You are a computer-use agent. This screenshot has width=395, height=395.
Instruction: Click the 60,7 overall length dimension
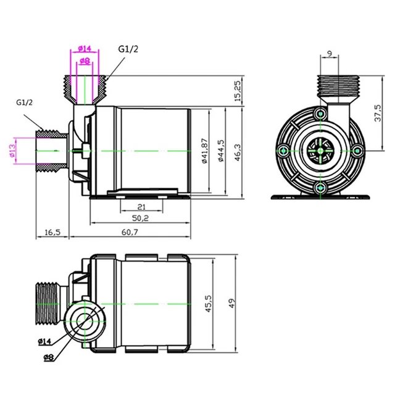pyautogui.click(x=130, y=232)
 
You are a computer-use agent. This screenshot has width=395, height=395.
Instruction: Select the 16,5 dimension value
pyautogui.click(x=52, y=232)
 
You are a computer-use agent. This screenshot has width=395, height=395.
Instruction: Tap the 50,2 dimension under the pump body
pyautogui.click(x=141, y=218)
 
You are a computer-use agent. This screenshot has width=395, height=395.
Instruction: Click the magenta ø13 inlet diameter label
pyautogui.click(x=12, y=151)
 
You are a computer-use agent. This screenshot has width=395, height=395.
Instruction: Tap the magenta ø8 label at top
pyautogui.click(x=85, y=60)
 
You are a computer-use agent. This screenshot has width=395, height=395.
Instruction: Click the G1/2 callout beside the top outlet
pyautogui.click(x=128, y=49)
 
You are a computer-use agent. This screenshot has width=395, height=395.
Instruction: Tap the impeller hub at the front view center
pyautogui.click(x=320, y=151)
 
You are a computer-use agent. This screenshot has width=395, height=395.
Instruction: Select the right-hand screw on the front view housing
pyautogui.click(x=357, y=150)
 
